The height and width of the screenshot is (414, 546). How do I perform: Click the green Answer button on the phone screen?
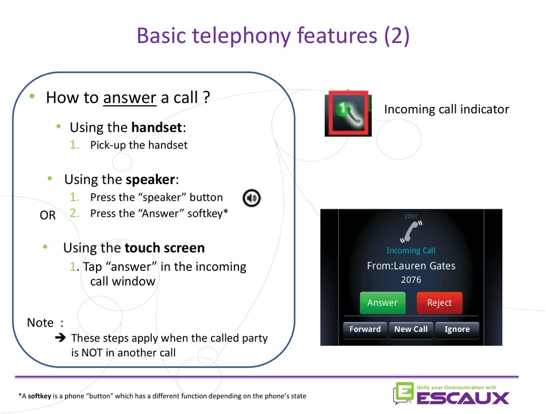tap(382, 302)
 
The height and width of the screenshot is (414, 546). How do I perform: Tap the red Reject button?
tap(440, 302)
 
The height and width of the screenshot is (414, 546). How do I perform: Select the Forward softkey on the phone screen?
tap(365, 329)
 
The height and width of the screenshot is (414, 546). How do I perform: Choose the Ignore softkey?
tap(457, 329)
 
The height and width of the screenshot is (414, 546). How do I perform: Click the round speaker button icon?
tap(251, 198)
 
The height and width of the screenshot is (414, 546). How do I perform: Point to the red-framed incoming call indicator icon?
tap(348, 113)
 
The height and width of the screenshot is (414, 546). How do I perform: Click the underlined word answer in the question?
tap(129, 98)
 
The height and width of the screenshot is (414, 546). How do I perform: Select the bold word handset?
tap(157, 128)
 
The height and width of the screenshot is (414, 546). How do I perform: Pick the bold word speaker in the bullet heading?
tap(150, 179)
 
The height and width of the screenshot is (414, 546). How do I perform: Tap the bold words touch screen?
tap(164, 248)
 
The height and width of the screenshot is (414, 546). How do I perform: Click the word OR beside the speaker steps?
tap(48, 216)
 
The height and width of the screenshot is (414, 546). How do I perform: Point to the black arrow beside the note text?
tap(60, 338)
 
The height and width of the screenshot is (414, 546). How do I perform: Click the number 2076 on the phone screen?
tap(411, 280)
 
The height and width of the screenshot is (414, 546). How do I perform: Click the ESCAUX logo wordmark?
tap(463, 398)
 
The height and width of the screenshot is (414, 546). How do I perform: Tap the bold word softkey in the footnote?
tap(39, 396)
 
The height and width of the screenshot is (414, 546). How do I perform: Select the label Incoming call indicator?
tap(447, 109)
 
